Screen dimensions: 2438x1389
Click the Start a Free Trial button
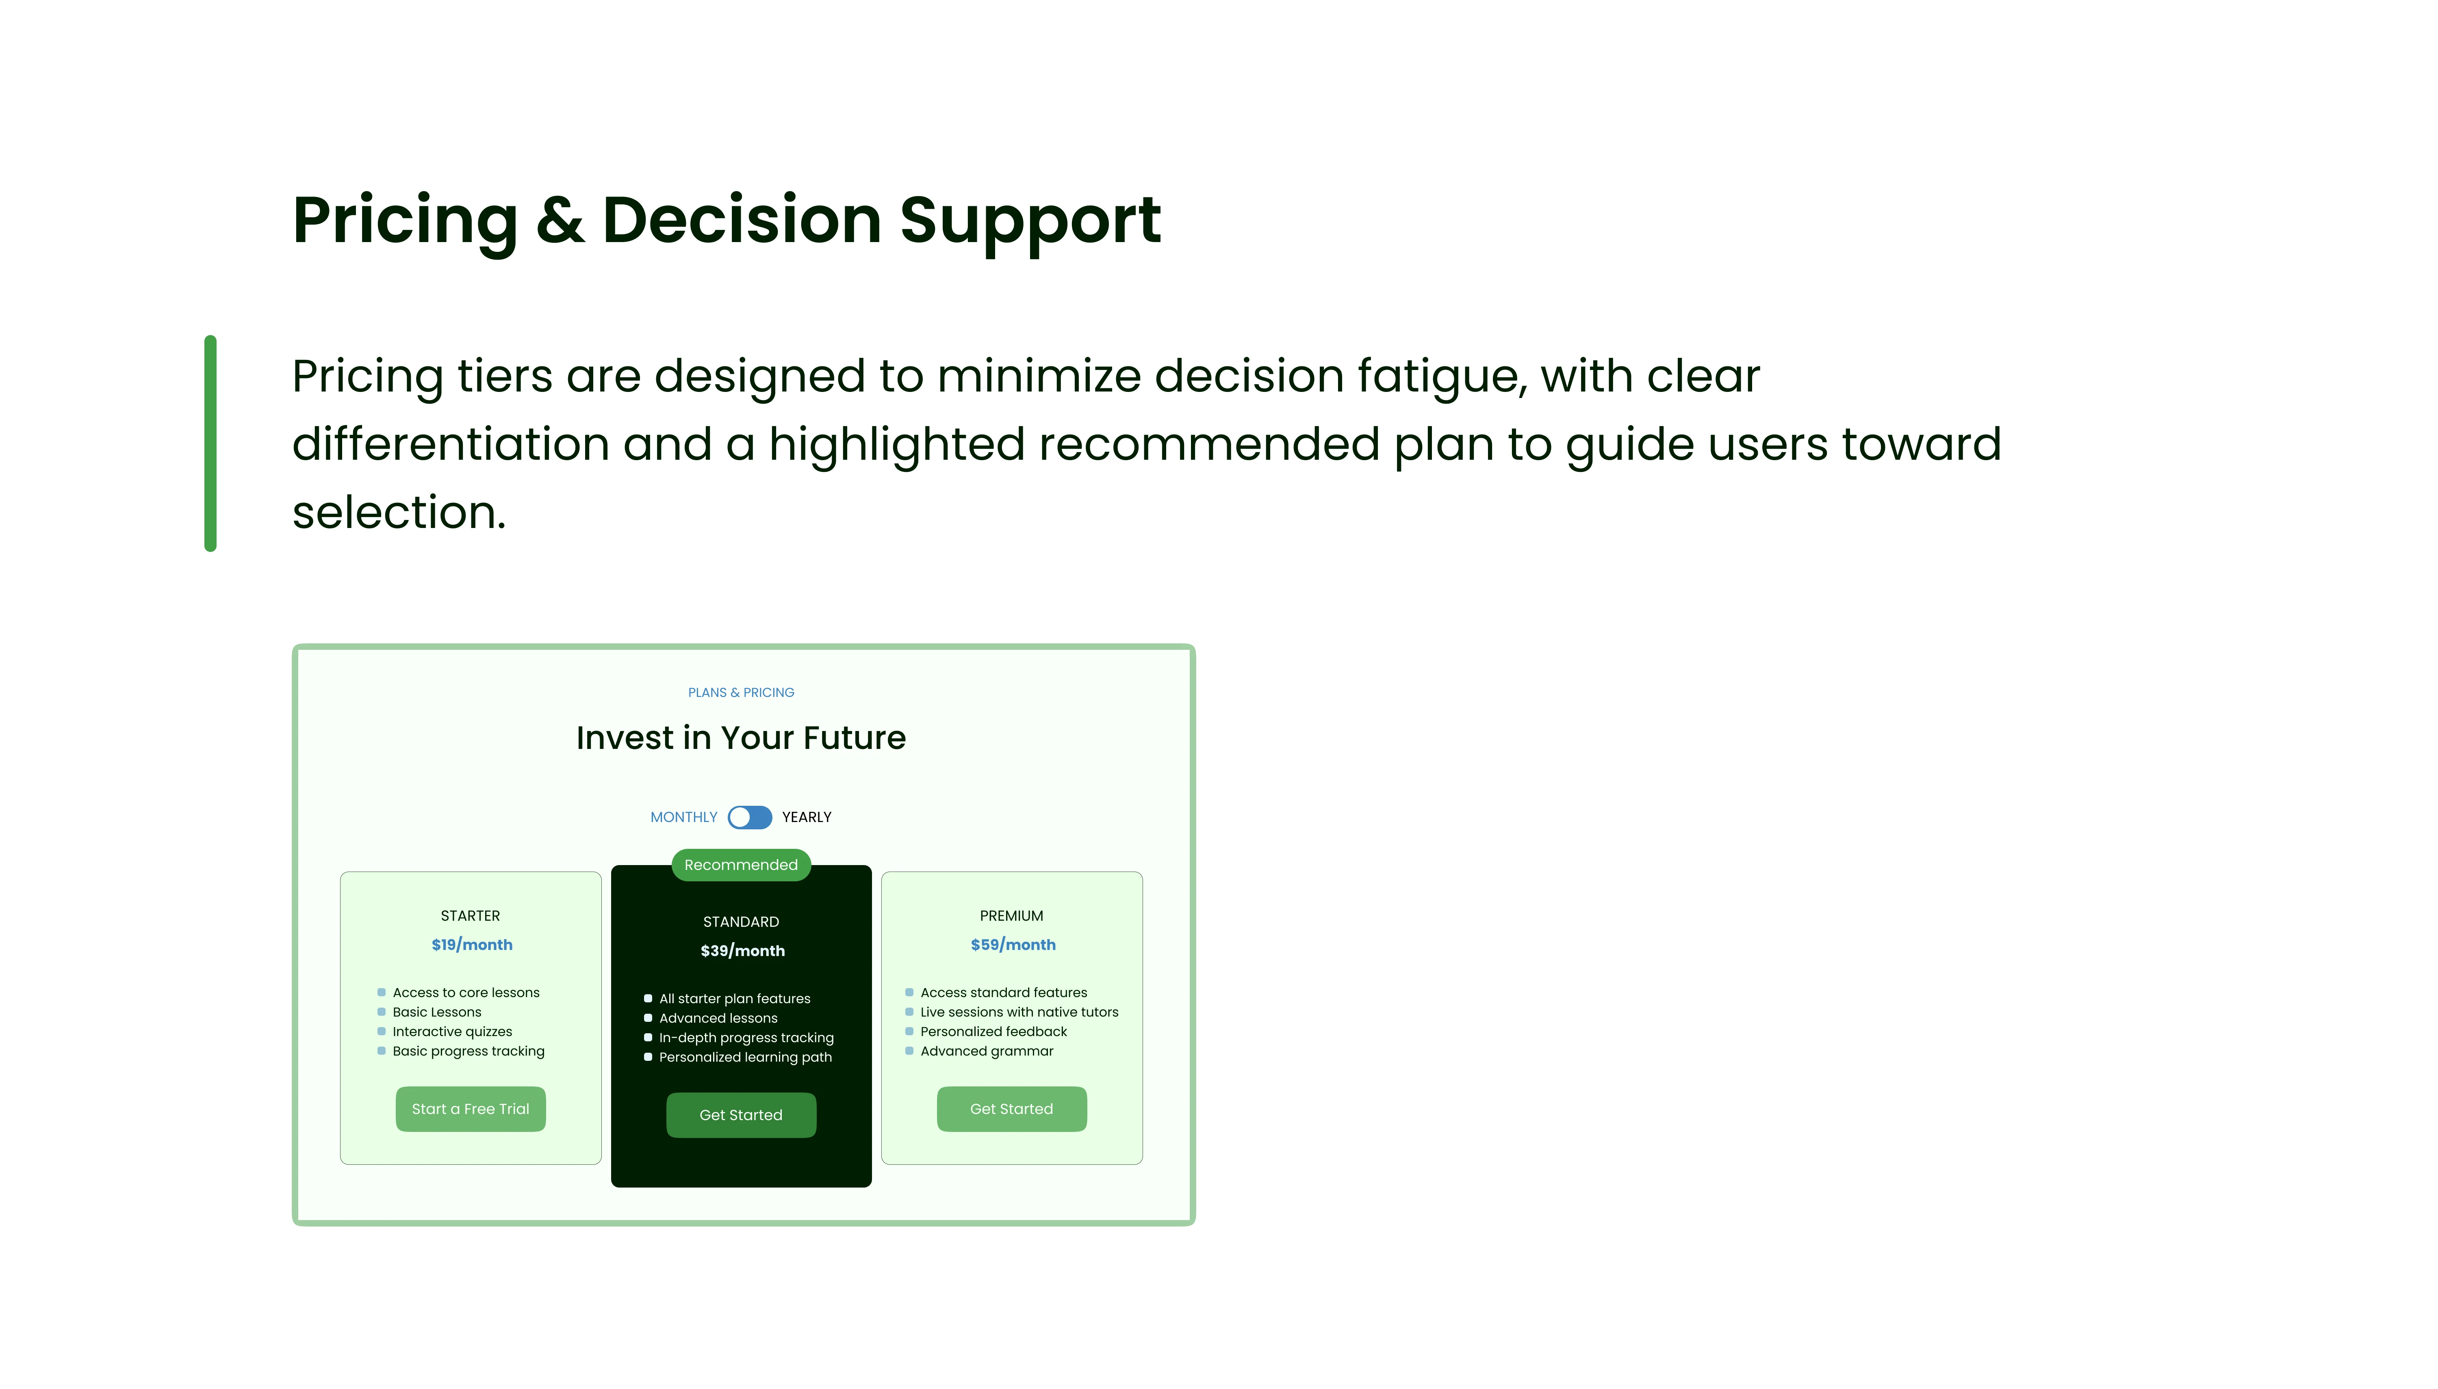[x=471, y=1108]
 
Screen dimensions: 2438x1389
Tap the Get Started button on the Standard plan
[x=740, y=1114]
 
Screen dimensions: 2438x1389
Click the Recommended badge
[x=740, y=864]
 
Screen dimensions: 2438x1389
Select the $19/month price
[x=471, y=944]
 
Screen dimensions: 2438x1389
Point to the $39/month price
[x=742, y=950]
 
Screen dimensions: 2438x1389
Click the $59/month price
[x=1013, y=944]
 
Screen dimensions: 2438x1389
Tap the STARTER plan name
[x=471, y=916]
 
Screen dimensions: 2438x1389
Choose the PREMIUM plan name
[x=1011, y=916]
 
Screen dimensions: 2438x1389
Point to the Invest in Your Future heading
[x=740, y=738]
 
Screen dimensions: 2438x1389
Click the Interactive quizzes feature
[x=452, y=1031]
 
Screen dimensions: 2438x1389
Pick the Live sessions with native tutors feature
[x=1019, y=1012]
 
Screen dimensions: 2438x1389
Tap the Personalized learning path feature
[x=745, y=1057]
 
